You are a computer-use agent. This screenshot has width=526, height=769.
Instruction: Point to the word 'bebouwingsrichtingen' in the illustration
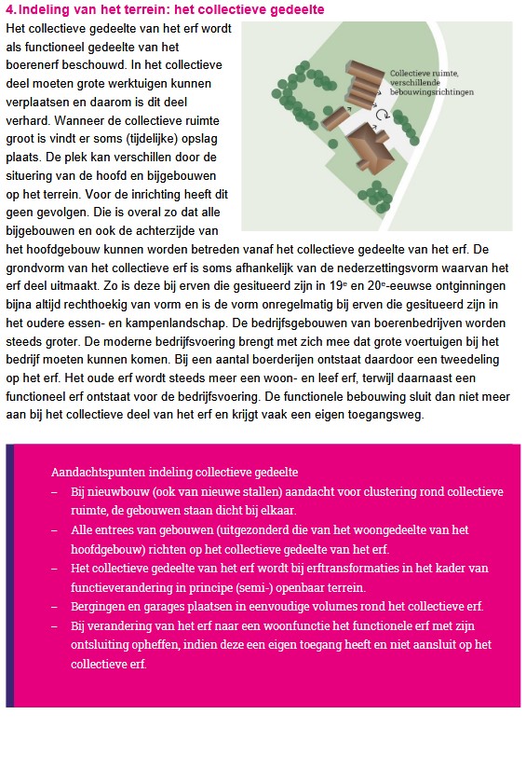[x=433, y=92]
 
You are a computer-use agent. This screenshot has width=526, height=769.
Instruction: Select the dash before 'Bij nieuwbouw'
[x=55, y=491]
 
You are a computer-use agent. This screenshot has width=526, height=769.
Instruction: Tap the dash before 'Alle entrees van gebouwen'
[x=55, y=529]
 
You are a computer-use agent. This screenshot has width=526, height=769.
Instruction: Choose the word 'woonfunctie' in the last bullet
[x=313, y=626]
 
